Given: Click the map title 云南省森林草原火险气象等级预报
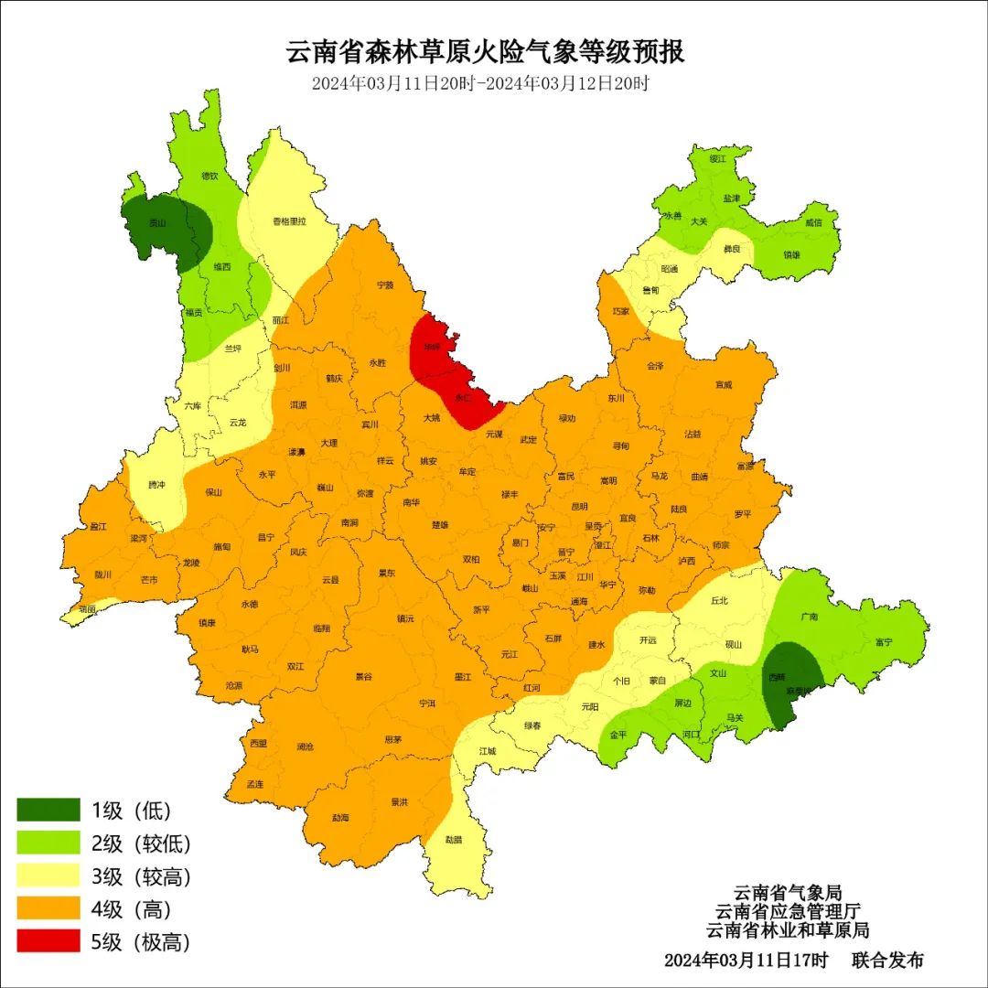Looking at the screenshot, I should [x=486, y=51].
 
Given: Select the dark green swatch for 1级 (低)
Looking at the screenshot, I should [x=48, y=810].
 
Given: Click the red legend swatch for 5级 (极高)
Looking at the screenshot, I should [x=48, y=941].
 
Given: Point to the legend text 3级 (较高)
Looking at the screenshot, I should [x=141, y=876].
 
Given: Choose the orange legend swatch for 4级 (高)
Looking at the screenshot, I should [x=48, y=908].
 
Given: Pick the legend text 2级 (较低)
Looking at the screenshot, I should [x=141, y=843].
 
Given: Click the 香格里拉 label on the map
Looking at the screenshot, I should [x=289, y=221].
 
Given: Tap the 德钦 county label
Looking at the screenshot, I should [x=209, y=176].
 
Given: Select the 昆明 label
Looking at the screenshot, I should [x=579, y=506].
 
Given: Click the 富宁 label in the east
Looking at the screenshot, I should [x=883, y=642].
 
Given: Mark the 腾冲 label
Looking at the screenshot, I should [x=156, y=485].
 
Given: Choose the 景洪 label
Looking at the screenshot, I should [x=400, y=801].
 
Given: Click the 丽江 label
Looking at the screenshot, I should [x=280, y=320].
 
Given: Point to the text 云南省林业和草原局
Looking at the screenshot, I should [x=788, y=930].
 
